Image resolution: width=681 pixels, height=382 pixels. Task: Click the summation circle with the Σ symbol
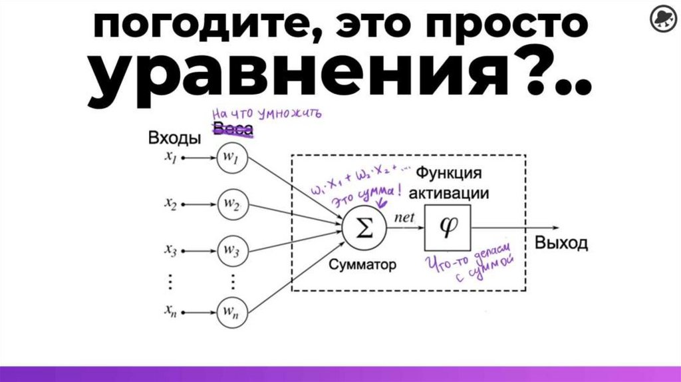point(362,228)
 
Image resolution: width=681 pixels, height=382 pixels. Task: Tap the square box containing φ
point(447,226)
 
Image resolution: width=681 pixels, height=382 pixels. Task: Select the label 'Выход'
point(561,243)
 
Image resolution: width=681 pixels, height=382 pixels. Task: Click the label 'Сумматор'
point(362,265)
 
